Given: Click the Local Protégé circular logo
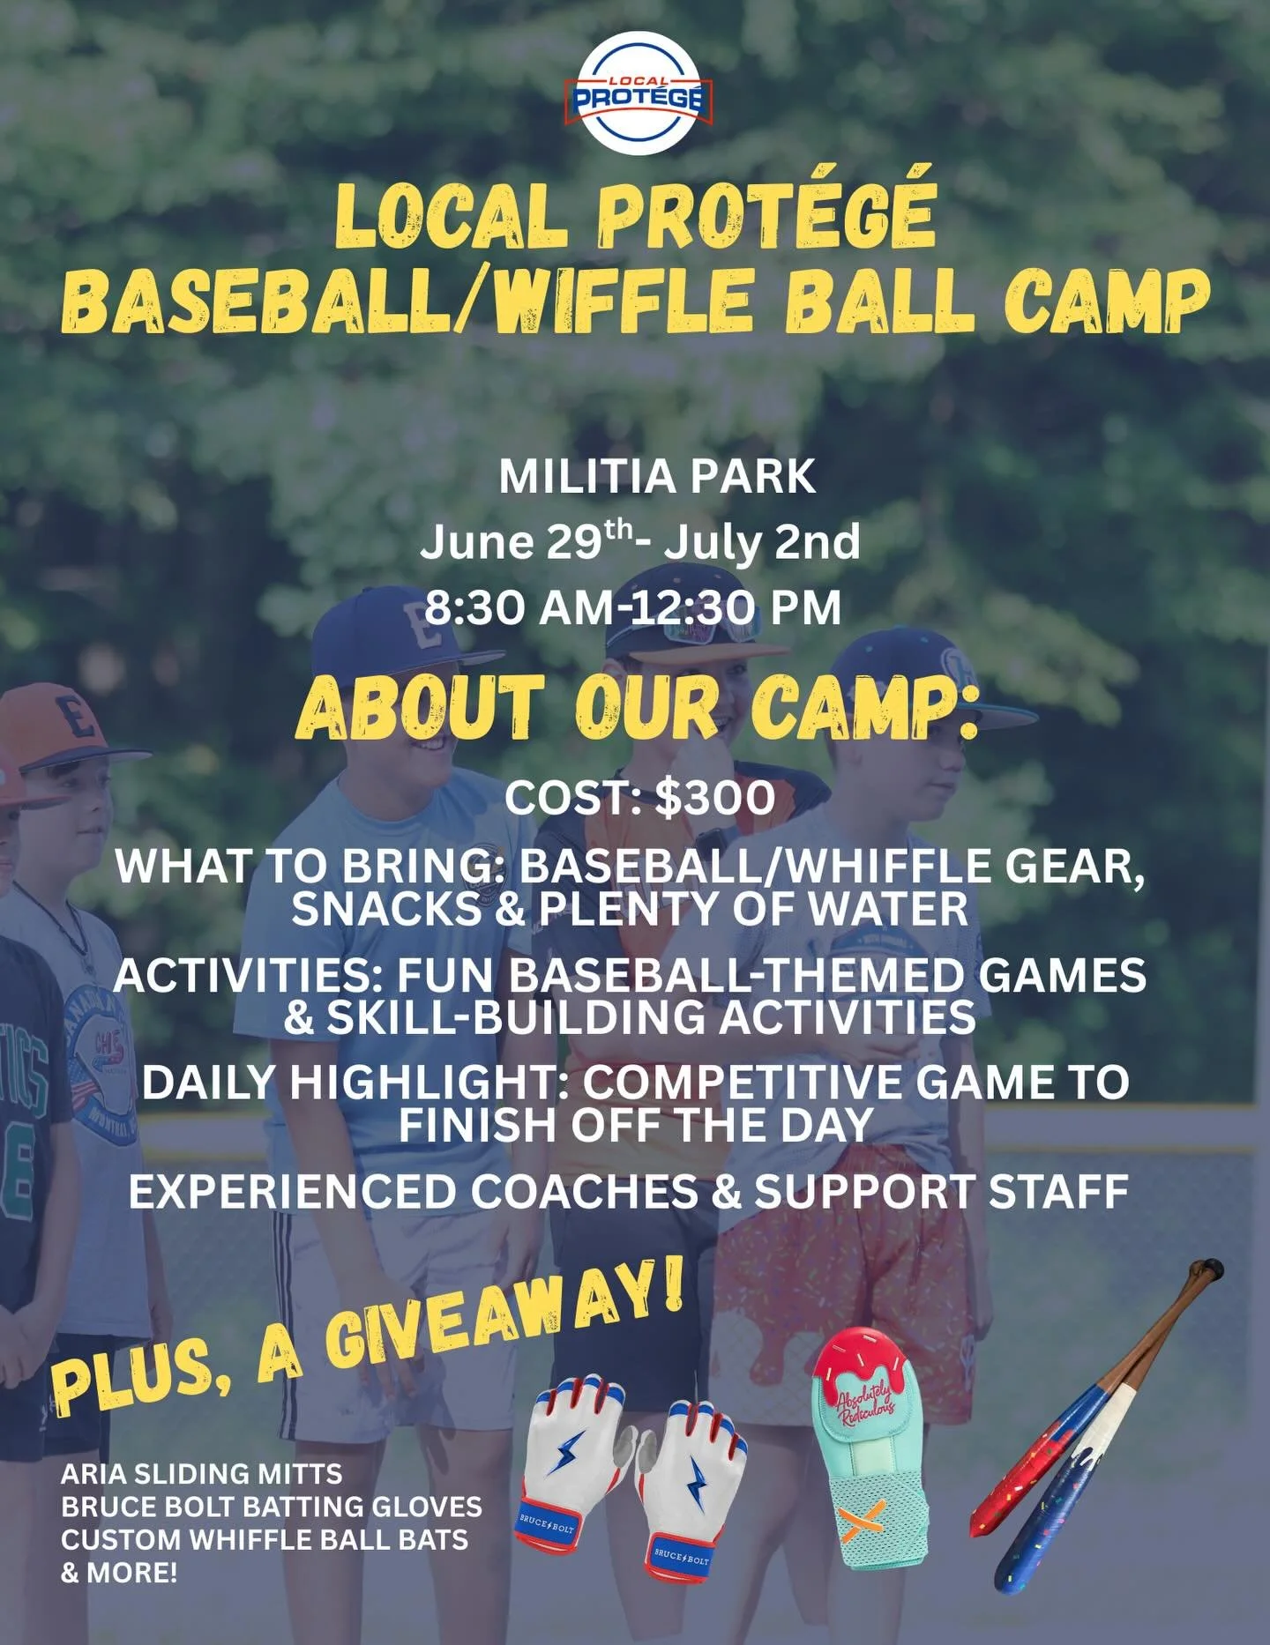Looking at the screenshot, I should [638, 93].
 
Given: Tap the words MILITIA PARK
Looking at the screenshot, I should [657, 477].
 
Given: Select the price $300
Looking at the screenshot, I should [715, 798].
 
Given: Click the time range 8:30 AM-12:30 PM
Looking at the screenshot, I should [633, 608].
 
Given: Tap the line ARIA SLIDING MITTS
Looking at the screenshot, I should [201, 1473].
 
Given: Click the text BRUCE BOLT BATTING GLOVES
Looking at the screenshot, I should [272, 1506].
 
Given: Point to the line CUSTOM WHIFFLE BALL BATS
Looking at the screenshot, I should [265, 1539].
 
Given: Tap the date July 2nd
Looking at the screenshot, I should [761, 542].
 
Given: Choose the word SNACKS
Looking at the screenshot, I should [385, 909].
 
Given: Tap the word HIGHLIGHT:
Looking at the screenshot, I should [431, 1083].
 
